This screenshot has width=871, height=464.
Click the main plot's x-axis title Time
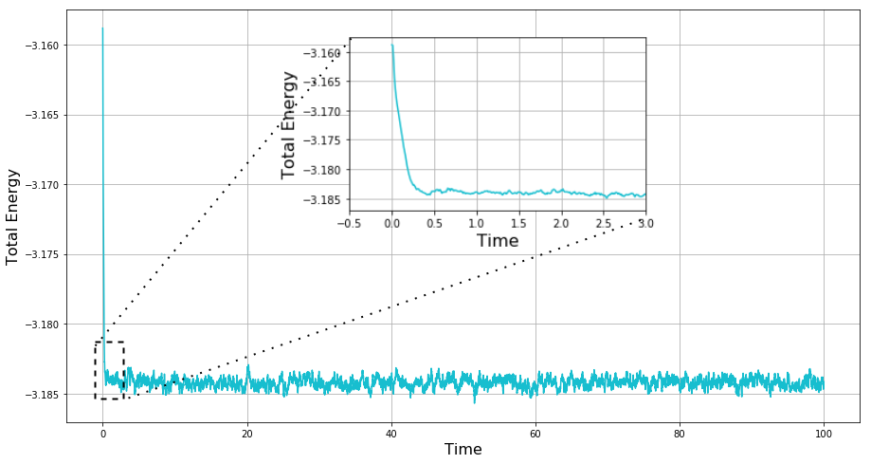coord(463,450)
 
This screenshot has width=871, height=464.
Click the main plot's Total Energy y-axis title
coord(13,216)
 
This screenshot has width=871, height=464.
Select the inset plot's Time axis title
coord(498,241)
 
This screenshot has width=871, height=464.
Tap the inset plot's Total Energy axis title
coord(289,124)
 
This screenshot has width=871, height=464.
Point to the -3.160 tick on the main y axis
coord(40,46)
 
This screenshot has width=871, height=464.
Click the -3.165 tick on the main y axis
coord(40,115)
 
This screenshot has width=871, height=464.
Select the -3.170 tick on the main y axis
coord(40,185)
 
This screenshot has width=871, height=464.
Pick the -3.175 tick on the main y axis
coord(40,254)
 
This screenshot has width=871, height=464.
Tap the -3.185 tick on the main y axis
coord(40,394)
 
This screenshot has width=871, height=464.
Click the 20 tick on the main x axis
coord(247,434)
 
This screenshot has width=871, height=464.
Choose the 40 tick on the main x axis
coord(391,434)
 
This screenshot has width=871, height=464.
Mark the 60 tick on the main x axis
coord(535,434)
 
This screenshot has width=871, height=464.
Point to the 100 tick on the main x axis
coord(824,434)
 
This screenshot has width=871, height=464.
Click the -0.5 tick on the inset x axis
coord(350,222)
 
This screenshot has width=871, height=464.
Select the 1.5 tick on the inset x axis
coord(519,222)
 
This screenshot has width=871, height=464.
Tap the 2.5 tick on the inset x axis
coord(604,222)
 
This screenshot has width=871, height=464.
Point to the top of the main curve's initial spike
coord(102,28)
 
